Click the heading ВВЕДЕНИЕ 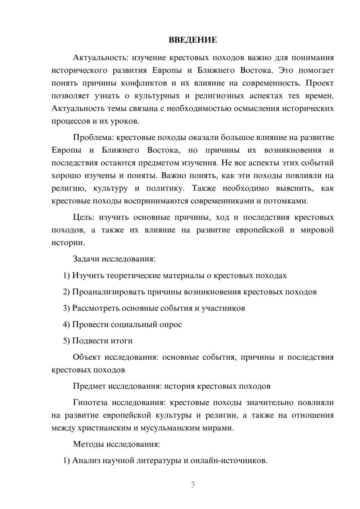pyautogui.click(x=193, y=40)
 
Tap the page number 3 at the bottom pyautogui.click(x=193, y=485)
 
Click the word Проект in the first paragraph pyautogui.click(x=320, y=83)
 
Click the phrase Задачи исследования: pyautogui.click(x=114, y=259)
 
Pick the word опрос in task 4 pyautogui.click(x=170, y=324)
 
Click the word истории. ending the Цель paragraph pyautogui.click(x=68, y=243)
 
